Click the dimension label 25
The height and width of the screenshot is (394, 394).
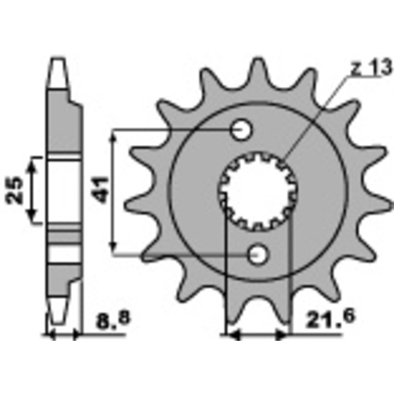15,190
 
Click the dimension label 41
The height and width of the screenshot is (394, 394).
102,191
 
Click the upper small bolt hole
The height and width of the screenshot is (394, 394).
241,131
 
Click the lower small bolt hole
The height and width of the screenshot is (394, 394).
258,255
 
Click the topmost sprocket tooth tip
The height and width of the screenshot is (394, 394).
258,63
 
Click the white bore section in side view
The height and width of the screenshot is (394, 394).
64,190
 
